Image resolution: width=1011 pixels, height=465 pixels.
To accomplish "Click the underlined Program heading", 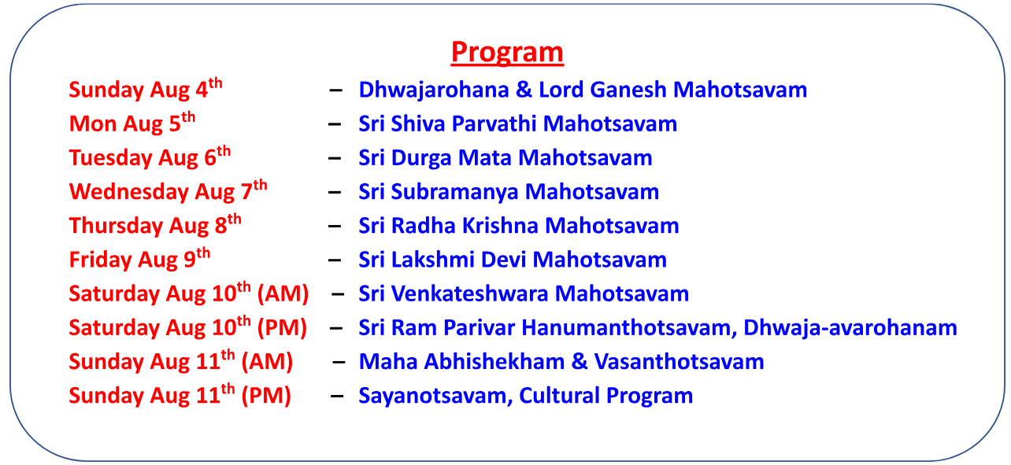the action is pyautogui.click(x=507, y=53).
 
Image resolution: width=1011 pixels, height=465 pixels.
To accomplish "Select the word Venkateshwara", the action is pyautogui.click(x=469, y=293).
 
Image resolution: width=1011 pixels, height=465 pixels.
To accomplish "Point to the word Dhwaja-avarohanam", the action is pyautogui.click(x=850, y=328).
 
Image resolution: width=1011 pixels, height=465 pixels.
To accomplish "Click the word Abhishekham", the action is pyautogui.click(x=494, y=362).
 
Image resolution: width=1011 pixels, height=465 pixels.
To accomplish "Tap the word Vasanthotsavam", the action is pyautogui.click(x=679, y=362).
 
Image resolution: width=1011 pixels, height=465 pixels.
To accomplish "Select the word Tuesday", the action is pyautogui.click(x=110, y=158).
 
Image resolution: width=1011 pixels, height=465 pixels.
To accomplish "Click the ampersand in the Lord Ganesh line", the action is pyautogui.click(x=524, y=90).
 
